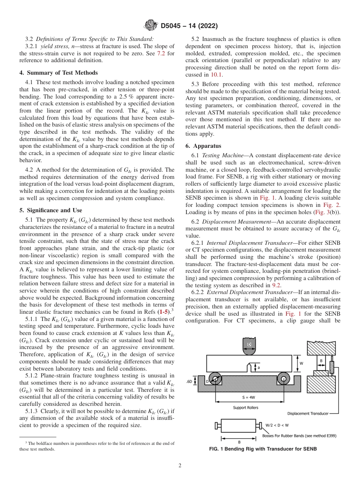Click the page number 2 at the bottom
(180, 466)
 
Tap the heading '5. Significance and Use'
(54, 210)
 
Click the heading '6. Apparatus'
(203, 146)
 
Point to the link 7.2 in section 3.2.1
(161, 53)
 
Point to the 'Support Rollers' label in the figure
(245, 408)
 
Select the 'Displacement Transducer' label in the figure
(308, 413)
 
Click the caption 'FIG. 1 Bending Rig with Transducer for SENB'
(263, 449)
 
